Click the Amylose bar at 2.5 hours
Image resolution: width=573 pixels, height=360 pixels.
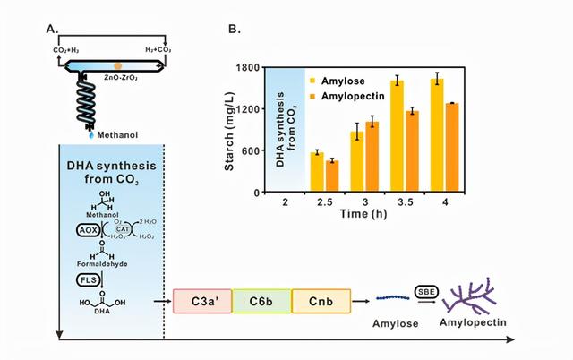point(315,172)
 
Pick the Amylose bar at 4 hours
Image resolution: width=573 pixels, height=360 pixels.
point(437,135)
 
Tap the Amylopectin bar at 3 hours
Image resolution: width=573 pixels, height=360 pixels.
point(372,157)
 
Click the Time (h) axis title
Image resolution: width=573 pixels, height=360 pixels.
point(363,216)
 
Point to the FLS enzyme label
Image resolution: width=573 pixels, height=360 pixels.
point(79,280)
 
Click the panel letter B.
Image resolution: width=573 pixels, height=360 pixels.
point(234,30)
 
